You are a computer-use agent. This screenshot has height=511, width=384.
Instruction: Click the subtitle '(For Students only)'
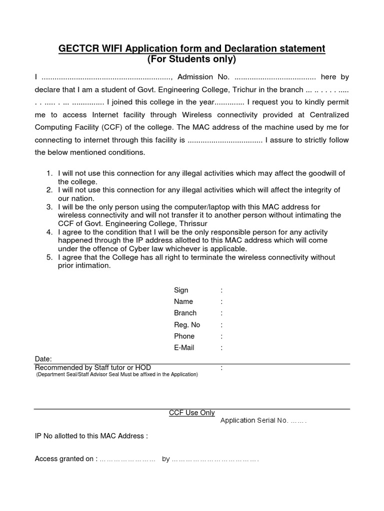point(191,59)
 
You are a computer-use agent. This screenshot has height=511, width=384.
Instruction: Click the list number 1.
point(49,173)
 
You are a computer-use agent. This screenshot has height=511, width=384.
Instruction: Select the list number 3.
point(49,207)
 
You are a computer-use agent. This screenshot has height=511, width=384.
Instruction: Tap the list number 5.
point(49,257)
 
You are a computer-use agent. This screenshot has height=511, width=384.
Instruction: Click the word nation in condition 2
point(82,198)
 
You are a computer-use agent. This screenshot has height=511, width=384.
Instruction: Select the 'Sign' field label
point(181,290)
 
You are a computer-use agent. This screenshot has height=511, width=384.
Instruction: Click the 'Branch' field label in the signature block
point(185,313)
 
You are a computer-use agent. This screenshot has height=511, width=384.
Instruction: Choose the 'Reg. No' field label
point(187,325)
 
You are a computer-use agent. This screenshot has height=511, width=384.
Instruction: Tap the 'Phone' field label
point(184,336)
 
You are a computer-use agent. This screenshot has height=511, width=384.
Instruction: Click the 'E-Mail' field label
point(184,348)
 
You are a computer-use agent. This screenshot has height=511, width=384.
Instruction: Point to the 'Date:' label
point(43,359)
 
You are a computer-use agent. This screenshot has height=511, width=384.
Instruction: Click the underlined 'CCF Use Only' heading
point(192,413)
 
